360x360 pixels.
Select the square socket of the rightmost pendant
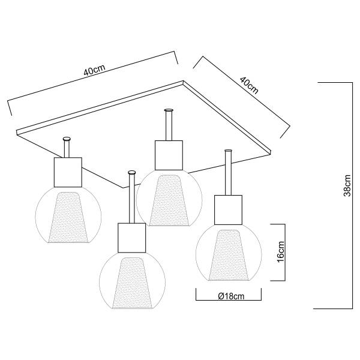(229, 210)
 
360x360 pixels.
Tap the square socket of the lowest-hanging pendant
(131, 236)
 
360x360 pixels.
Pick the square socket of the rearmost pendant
(168, 154)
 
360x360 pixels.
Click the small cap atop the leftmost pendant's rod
(67, 139)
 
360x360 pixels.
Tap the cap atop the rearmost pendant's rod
(168, 110)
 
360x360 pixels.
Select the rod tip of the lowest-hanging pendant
(131, 173)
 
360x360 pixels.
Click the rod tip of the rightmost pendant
(229, 151)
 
